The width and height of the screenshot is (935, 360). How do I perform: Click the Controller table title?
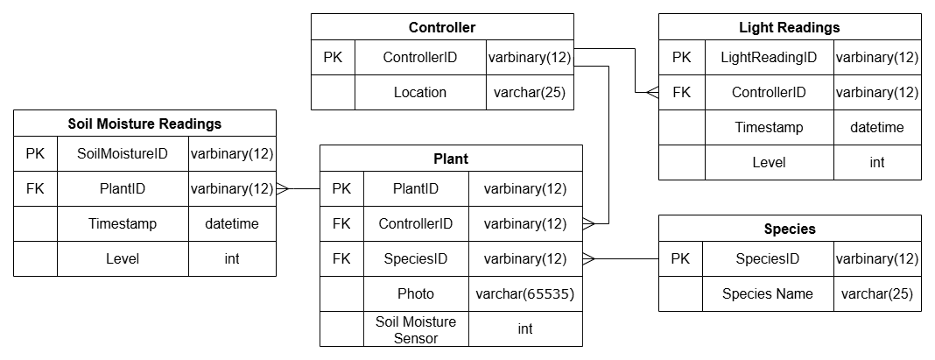click(442, 27)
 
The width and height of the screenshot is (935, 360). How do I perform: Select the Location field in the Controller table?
click(419, 92)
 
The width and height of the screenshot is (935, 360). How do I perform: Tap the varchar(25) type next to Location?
click(530, 92)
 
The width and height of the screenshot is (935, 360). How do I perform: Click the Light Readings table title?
click(789, 27)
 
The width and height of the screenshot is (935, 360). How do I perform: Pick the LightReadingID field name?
click(768, 58)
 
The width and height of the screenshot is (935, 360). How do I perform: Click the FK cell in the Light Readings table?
click(681, 92)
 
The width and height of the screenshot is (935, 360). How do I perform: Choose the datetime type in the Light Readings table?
click(876, 127)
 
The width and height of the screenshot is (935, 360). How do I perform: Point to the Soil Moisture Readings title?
click(144, 124)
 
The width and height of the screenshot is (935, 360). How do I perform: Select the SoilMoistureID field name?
click(123, 154)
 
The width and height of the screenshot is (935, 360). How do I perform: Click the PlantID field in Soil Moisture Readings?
click(123, 188)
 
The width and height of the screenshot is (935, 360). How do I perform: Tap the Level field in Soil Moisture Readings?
click(123, 258)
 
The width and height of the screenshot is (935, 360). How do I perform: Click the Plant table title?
click(450, 159)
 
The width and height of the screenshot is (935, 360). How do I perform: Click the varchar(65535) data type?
click(524, 293)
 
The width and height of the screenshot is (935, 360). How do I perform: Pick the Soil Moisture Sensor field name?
click(416, 329)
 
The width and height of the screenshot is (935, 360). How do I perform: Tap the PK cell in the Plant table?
click(341, 188)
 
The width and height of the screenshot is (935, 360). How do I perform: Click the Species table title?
click(789, 229)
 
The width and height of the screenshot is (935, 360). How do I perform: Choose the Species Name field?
click(767, 293)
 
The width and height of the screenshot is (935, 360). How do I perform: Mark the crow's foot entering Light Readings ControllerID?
click(651, 92)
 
